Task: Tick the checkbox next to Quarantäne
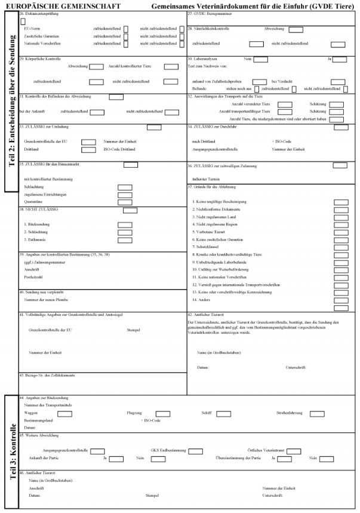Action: pos(125,202)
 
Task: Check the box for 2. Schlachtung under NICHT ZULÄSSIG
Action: pos(125,232)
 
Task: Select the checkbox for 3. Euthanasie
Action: pos(125,239)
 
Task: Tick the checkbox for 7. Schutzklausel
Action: pos(340,247)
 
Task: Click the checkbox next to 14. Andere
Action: pos(340,300)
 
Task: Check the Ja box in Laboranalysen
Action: pos(340,59)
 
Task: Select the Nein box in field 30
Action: pos(260,59)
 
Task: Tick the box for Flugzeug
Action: pos(163,413)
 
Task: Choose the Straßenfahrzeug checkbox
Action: pos(317,413)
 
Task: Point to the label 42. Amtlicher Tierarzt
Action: pos(206,314)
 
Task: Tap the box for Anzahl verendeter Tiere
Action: pos(285,105)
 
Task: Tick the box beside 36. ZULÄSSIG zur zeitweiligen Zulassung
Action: pos(340,165)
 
